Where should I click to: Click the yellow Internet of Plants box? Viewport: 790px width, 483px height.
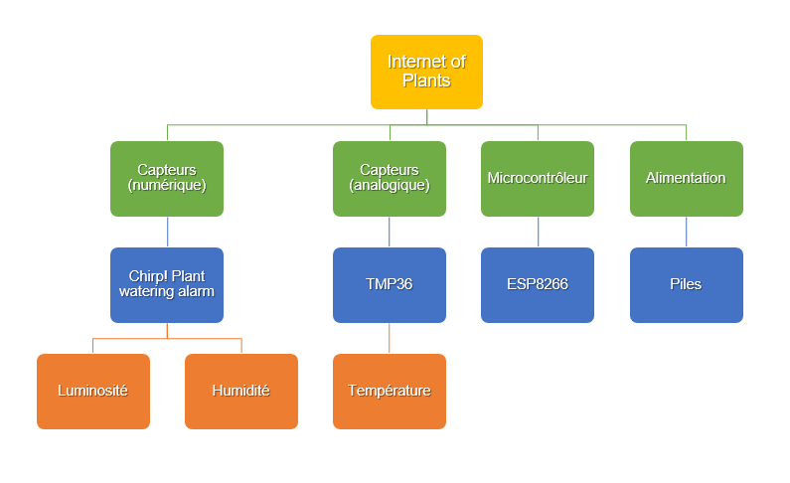pyautogui.click(x=426, y=72)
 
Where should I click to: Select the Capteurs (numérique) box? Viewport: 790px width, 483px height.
pyautogui.click(x=167, y=178)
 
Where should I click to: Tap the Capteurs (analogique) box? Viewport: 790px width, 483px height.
pyautogui.click(x=390, y=178)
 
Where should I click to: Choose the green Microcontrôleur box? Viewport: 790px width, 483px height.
pyautogui.click(x=538, y=178)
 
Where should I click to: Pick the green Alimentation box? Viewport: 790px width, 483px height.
pyautogui.click(x=686, y=178)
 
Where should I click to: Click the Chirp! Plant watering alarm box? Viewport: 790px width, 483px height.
pyautogui.click(x=167, y=284)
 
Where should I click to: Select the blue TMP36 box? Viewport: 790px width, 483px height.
pyautogui.click(x=390, y=284)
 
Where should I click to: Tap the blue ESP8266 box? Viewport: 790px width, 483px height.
pyautogui.click(x=538, y=284)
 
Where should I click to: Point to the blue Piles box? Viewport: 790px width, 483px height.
pyautogui.click(x=686, y=284)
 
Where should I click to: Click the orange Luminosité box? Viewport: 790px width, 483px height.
pyautogui.click(x=93, y=391)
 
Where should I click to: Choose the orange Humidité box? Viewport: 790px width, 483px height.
pyautogui.click(x=241, y=391)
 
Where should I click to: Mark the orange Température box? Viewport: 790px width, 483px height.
pyautogui.click(x=390, y=391)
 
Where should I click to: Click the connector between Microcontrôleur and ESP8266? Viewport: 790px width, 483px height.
pyautogui.click(x=538, y=232)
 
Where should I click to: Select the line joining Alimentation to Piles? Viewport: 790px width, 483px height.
pyautogui.click(x=686, y=232)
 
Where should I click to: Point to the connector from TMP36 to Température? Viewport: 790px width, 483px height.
pyautogui.click(x=390, y=338)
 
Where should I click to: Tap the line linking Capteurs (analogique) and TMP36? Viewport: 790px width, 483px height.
pyautogui.click(x=390, y=232)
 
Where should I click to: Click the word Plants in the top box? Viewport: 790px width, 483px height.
pyautogui.click(x=426, y=80)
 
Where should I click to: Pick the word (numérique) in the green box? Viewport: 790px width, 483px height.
pyautogui.click(x=167, y=185)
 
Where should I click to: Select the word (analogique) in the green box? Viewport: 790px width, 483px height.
pyautogui.click(x=390, y=185)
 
